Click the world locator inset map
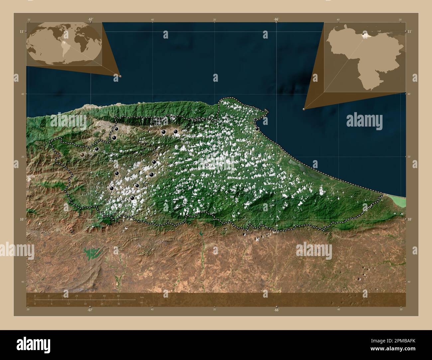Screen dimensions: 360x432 64,44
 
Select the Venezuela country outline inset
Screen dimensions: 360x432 365,57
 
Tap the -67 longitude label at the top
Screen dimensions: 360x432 90,19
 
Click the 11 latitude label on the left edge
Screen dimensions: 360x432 21,31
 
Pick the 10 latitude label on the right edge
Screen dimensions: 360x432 410,220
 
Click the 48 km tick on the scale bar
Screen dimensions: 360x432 118,296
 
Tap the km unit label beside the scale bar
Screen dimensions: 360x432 142,297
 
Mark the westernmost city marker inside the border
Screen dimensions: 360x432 82,154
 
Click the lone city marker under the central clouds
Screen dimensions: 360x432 207,164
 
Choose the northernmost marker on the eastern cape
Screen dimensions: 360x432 255,119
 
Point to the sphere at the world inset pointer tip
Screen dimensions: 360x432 120,76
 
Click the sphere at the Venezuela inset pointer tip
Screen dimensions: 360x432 304,109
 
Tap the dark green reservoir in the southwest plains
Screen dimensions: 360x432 92,254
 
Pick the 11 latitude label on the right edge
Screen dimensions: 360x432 410,31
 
